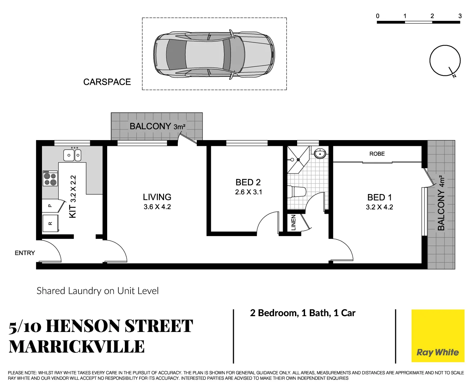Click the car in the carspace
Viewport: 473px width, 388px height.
point(214,54)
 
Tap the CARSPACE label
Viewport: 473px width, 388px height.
point(107,82)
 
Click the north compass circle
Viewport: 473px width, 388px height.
point(445,60)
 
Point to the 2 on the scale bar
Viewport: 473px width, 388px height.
point(432,16)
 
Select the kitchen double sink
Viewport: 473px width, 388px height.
point(72,155)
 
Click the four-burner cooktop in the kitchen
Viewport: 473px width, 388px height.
point(50,179)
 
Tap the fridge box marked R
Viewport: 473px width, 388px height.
point(50,223)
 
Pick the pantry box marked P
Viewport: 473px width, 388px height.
point(50,206)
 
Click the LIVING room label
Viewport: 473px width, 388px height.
point(157,197)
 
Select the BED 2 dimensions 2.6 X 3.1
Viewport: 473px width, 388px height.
point(249,192)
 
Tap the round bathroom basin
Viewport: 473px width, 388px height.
point(319,154)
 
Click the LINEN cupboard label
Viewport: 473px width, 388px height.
point(294,223)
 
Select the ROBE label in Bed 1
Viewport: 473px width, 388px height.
point(377,154)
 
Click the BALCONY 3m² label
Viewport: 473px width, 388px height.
point(157,126)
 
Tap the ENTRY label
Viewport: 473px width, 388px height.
point(25,253)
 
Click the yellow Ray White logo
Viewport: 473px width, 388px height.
point(437,336)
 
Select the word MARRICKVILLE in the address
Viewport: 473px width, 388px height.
point(77,347)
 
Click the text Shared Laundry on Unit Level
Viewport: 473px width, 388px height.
point(97,291)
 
